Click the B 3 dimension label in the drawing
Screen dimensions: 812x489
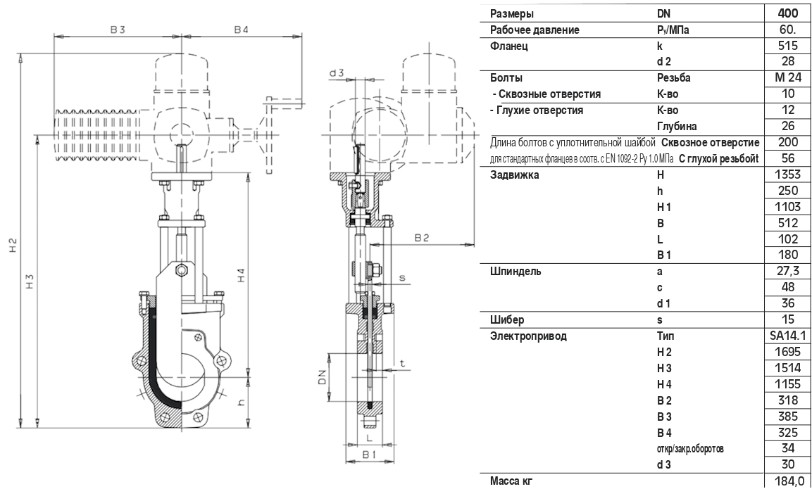(118, 30)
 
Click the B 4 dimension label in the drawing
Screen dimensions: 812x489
(241, 30)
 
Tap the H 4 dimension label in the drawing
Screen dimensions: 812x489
(242, 274)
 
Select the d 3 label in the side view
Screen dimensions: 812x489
(337, 73)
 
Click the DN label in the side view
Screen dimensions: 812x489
(322, 376)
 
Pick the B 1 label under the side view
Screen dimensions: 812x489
(368, 455)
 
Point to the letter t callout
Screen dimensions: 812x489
(402, 364)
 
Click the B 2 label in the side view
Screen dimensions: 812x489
(422, 238)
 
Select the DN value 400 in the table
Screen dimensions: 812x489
(787, 13)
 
